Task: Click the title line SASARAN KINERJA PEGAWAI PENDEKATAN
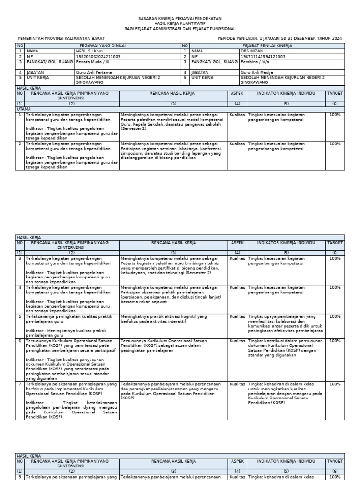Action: pos(180,18)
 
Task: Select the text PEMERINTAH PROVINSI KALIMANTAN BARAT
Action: pos(61,38)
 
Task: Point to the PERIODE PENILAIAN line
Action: pos(280,38)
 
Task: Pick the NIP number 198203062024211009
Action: pos(98,56)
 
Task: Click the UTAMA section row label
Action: pos(23,108)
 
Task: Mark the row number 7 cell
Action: pos(20,384)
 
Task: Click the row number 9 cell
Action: pos(20,477)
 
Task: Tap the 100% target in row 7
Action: pos(335,384)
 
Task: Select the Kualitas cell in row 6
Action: pos(237,341)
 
